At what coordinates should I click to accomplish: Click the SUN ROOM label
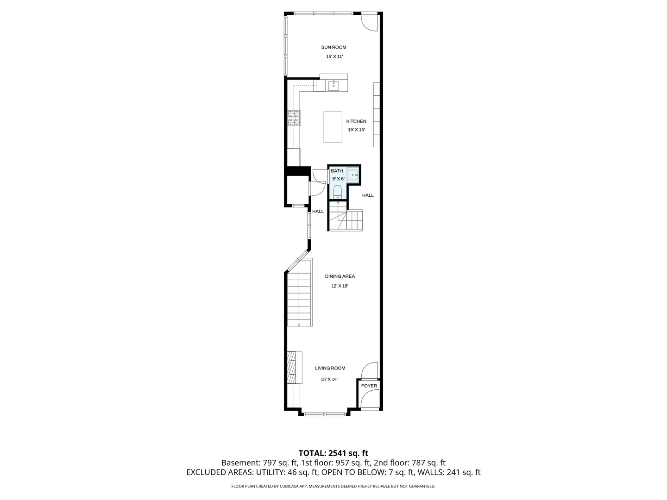333,47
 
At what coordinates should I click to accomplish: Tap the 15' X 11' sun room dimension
334,56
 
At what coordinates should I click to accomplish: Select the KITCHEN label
356,121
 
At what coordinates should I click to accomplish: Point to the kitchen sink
333,85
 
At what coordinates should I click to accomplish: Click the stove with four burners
294,118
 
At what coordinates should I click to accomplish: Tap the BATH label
337,171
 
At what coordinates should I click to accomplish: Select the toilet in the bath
337,192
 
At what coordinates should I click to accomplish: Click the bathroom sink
353,175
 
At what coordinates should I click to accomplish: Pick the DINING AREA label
340,276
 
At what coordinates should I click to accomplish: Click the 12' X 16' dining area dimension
340,286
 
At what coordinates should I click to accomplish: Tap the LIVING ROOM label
330,368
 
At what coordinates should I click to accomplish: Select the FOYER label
369,386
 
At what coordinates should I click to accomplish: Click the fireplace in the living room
292,368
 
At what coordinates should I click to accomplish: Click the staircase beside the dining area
299,299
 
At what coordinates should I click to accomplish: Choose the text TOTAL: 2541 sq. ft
333,453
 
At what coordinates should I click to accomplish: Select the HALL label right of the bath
368,195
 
